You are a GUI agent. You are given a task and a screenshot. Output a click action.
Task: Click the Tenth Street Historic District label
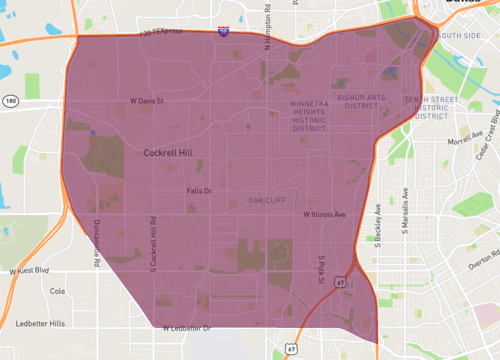430,107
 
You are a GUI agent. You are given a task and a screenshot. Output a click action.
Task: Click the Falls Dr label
200,189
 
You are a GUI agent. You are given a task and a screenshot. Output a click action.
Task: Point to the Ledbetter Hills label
41,323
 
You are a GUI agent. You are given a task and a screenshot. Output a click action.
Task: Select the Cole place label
57,292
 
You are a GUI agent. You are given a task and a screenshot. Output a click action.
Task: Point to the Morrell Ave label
464,142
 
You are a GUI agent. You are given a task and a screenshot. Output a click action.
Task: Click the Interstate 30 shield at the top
224,32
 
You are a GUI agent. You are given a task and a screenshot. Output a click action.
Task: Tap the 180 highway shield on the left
9,101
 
